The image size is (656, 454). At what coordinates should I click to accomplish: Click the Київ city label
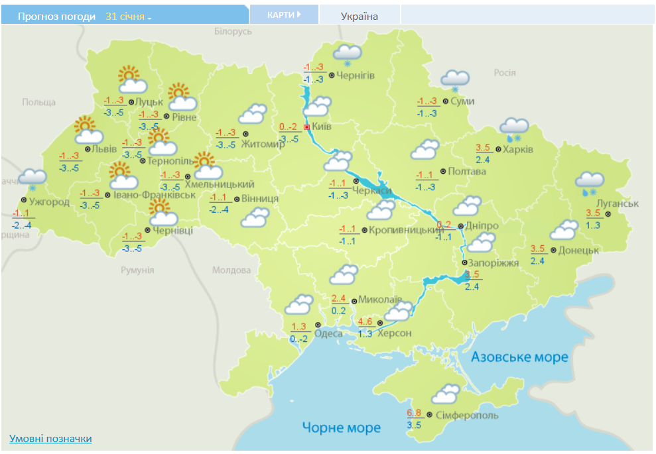(322, 127)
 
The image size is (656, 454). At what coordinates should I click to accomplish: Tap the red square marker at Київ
(306, 127)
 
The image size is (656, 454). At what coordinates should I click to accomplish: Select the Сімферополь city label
(467, 416)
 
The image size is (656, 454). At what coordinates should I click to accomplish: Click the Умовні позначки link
(50, 439)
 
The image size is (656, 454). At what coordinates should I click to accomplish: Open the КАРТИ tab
(283, 15)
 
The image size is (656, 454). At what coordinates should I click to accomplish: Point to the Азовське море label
(519, 357)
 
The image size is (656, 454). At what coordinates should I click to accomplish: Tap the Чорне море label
(341, 427)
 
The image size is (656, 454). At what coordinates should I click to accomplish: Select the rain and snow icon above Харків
(514, 129)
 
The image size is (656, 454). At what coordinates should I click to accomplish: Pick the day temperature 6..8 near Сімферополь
(414, 413)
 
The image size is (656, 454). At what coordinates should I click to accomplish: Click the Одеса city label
(328, 333)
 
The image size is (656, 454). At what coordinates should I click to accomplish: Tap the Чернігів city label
(356, 76)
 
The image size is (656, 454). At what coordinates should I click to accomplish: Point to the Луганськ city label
(618, 203)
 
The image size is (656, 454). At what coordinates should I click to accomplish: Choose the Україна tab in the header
(360, 16)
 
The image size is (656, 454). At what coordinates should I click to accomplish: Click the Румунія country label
(137, 270)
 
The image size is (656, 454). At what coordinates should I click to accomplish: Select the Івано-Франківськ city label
(154, 195)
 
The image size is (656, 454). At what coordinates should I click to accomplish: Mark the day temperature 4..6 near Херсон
(365, 321)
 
